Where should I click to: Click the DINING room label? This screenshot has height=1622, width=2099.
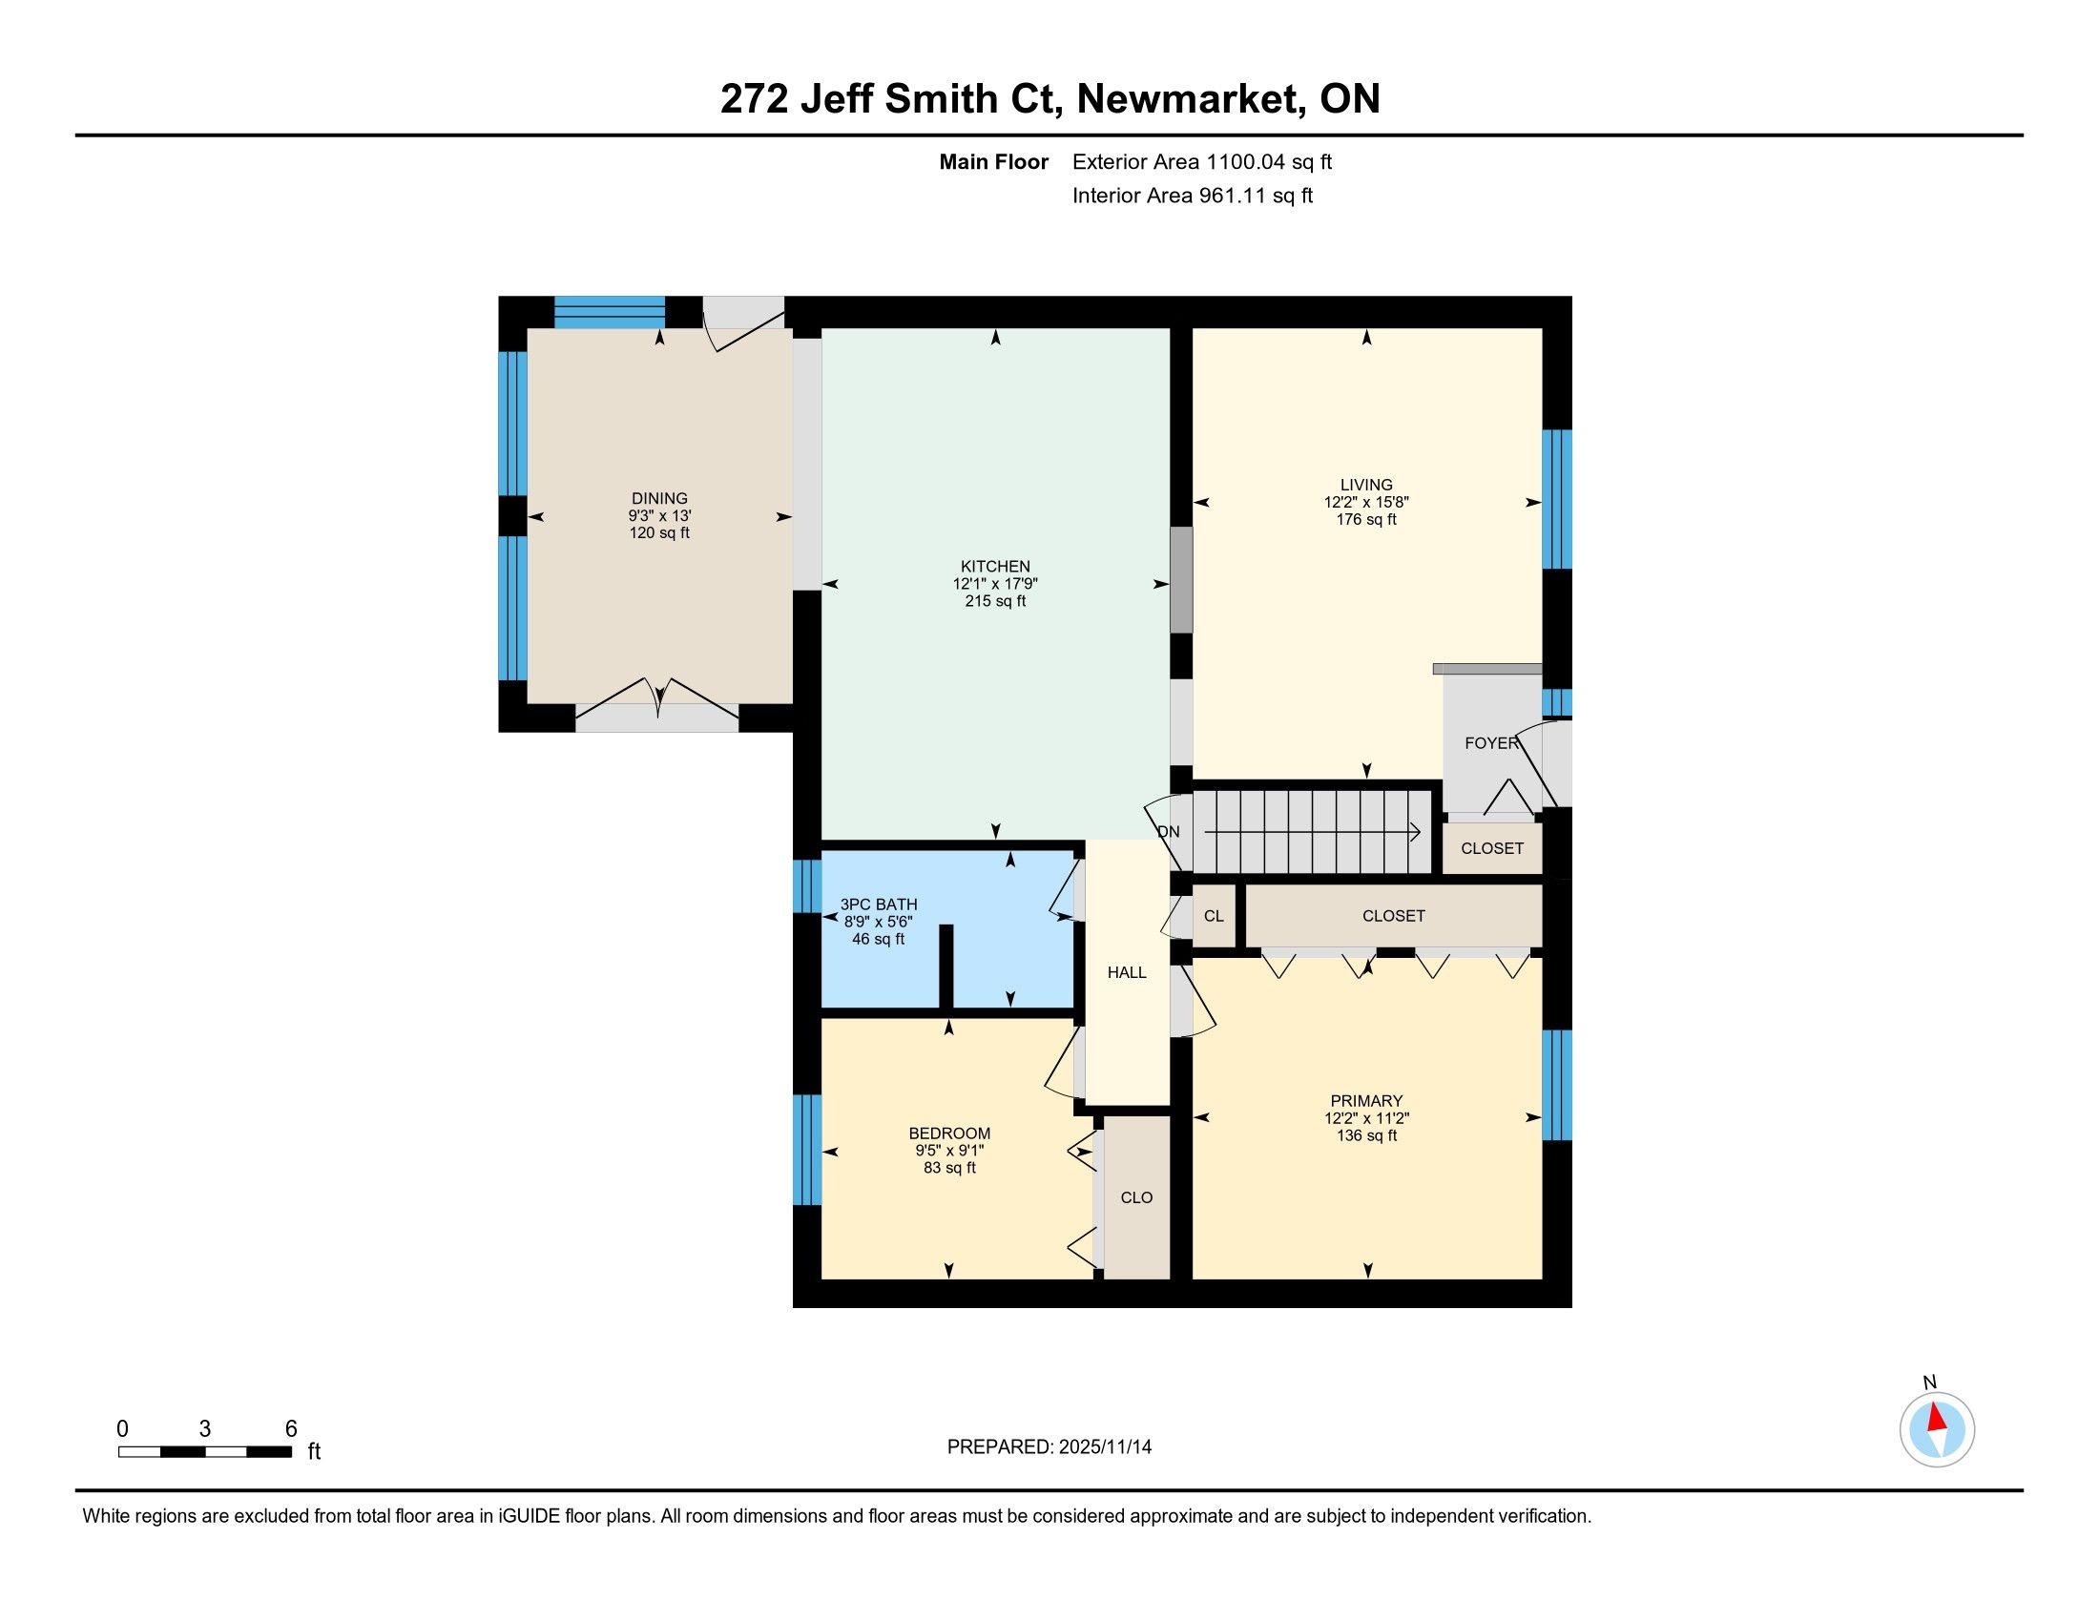click(x=659, y=498)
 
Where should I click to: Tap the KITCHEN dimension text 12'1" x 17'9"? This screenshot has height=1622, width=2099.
click(x=996, y=583)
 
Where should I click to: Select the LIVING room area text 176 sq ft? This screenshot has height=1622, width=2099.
click(x=1365, y=519)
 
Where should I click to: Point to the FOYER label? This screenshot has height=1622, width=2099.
click(x=1491, y=742)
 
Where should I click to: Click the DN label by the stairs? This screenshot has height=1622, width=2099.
click(x=1168, y=832)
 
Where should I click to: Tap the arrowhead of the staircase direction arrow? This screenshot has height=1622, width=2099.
click(x=1415, y=832)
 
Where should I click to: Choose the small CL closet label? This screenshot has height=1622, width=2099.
click(x=1214, y=916)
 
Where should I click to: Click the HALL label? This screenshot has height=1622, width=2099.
click(x=1127, y=972)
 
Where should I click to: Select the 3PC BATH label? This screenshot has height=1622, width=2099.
click(x=879, y=905)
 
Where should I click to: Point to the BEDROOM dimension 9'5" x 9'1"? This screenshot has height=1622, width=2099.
click(x=949, y=1151)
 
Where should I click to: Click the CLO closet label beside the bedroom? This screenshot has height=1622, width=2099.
click(x=1137, y=1197)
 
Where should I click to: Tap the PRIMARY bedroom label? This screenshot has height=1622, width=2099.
click(x=1365, y=1100)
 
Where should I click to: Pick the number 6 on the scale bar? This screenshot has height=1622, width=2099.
click(x=291, y=1429)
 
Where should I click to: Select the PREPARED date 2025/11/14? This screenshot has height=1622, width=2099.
click(x=1104, y=1447)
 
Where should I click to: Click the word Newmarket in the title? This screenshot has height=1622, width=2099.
click(x=1190, y=99)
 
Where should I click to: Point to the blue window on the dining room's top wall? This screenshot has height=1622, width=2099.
click(x=610, y=312)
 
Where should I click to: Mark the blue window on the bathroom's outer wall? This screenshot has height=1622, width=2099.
click(x=806, y=886)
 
